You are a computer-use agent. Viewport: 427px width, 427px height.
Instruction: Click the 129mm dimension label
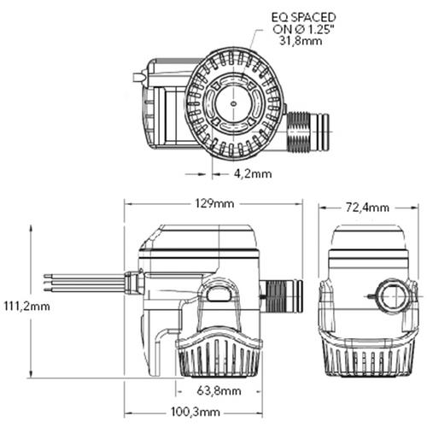(x=213, y=204)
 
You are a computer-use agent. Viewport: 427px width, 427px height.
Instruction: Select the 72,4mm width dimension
(x=368, y=208)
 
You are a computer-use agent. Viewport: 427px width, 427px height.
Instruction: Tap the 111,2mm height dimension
(x=26, y=305)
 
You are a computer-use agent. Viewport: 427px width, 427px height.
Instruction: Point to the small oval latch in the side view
(x=219, y=295)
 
